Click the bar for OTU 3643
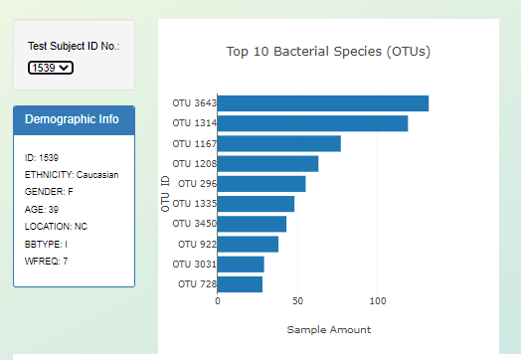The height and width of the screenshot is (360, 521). pyautogui.click(x=323, y=103)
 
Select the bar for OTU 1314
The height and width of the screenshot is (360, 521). pyautogui.click(x=312, y=123)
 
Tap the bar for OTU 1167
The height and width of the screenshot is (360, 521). pyautogui.click(x=279, y=143)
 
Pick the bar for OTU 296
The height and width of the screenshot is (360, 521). pyautogui.click(x=261, y=184)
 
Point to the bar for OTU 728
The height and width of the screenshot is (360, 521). pyautogui.click(x=240, y=284)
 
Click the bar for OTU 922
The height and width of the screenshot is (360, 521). pyautogui.click(x=248, y=244)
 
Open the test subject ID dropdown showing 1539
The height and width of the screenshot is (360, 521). pyautogui.click(x=51, y=68)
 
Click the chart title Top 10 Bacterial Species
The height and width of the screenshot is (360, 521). pyautogui.click(x=328, y=51)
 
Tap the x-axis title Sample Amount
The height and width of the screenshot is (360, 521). pyautogui.click(x=329, y=329)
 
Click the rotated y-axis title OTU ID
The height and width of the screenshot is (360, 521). pyautogui.click(x=165, y=193)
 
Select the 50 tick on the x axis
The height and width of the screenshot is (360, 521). pyautogui.click(x=297, y=300)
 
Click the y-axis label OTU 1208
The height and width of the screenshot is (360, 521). pyautogui.click(x=193, y=163)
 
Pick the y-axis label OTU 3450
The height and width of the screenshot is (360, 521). pyautogui.click(x=193, y=224)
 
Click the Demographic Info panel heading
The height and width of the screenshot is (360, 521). pyautogui.click(x=73, y=119)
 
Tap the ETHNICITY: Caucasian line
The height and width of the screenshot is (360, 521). pyautogui.click(x=72, y=174)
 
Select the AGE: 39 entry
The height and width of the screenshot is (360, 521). pyautogui.click(x=42, y=210)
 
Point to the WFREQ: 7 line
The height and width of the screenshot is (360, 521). pyautogui.click(x=46, y=261)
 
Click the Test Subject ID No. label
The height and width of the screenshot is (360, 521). pyautogui.click(x=74, y=46)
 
